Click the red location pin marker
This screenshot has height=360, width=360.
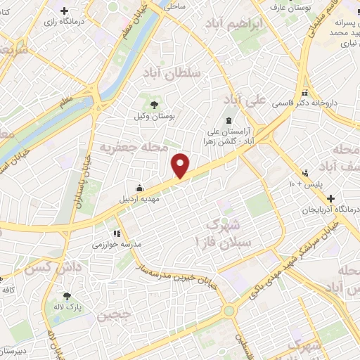pyautogui.click(x=181, y=165)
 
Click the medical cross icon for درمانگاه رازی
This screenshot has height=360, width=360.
pyautogui.click(x=65, y=11)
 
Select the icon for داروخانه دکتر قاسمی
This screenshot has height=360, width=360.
pyautogui.click(x=304, y=93)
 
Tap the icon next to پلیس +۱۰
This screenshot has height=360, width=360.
pyautogui.click(x=304, y=172)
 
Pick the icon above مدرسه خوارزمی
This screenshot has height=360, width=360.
pyautogui.click(x=117, y=233)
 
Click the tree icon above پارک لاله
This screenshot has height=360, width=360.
pyautogui.click(x=67, y=296)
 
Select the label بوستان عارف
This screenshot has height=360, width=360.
pyautogui.click(x=315, y=6)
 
